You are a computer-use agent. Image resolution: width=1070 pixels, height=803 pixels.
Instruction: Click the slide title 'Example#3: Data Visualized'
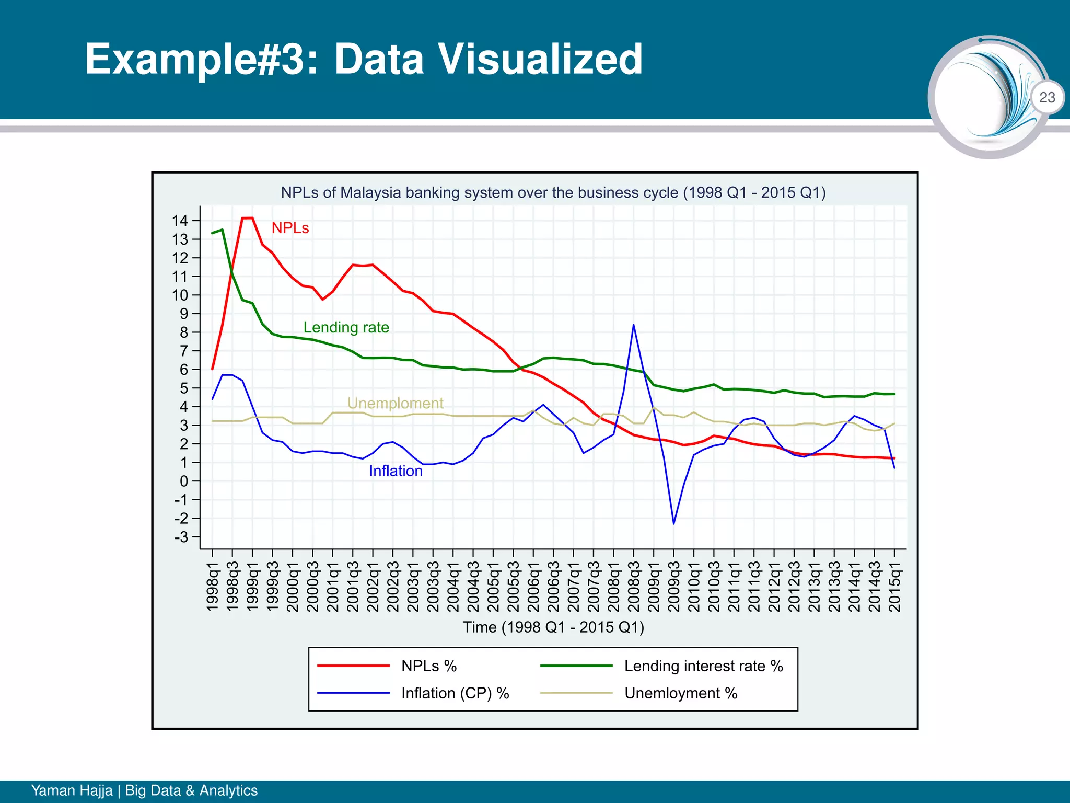pos(364,59)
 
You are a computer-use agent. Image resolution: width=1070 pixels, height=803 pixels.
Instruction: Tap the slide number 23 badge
pos(1047,97)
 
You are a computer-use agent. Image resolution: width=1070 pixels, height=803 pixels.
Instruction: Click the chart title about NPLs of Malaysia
pos(553,192)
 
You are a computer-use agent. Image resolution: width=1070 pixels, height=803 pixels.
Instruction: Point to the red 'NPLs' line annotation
pos(290,228)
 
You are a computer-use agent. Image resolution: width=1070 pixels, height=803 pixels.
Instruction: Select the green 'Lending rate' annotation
pos(346,327)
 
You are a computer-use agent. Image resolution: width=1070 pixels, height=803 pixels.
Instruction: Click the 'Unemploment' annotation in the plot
pos(396,403)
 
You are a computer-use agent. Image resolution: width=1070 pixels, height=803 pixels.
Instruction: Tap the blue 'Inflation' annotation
pos(396,471)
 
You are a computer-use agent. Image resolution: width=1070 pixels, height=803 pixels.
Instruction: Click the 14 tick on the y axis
pos(180,221)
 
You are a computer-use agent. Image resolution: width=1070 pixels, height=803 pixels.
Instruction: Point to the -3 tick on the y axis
pos(181,537)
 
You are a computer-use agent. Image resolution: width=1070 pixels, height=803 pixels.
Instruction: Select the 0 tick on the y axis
pos(183,481)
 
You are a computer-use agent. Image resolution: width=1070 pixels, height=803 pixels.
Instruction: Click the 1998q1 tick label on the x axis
pos(212,586)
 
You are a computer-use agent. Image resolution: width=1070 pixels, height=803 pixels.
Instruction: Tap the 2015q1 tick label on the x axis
pos(894,586)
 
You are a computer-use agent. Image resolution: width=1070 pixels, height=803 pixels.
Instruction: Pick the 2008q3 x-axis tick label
pos(634,586)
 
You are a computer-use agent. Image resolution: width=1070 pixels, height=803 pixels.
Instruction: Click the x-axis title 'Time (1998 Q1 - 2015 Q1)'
pos(553,627)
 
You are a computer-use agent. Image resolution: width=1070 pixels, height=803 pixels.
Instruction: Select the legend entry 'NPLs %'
pos(428,666)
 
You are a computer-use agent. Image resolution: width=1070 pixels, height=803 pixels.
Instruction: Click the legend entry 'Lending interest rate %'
pos(703,666)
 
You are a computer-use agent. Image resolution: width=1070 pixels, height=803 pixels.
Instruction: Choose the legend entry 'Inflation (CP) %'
pos(455,693)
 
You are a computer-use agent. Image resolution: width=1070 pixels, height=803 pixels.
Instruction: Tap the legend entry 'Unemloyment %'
pos(680,693)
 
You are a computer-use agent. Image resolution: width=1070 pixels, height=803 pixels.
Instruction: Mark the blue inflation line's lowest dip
pos(673,523)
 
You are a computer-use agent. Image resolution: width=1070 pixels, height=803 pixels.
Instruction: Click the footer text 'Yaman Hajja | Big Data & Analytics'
pos(144,790)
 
